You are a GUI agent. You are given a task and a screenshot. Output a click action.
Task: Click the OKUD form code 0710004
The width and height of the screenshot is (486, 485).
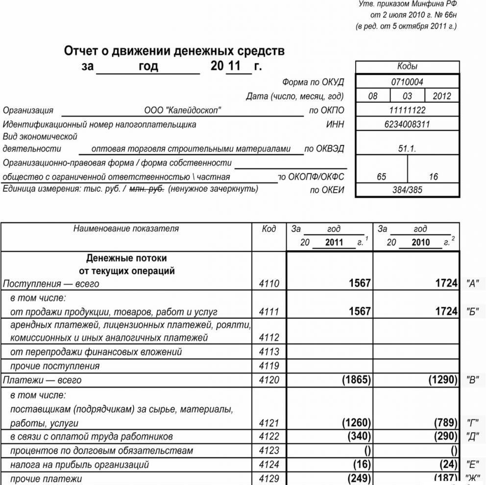(407, 82)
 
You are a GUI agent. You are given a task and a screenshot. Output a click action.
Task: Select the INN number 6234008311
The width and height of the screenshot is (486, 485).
(407, 124)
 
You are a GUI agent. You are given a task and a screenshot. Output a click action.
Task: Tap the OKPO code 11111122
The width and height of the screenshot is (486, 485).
(407, 110)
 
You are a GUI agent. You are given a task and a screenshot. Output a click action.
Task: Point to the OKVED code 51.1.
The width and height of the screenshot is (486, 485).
(407, 149)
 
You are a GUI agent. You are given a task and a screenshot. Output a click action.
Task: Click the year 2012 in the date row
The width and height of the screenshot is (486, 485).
(442, 96)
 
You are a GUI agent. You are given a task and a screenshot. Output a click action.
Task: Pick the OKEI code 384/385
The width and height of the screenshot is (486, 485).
(407, 190)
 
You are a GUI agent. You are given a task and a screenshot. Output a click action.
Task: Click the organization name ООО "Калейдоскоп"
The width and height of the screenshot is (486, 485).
(182, 111)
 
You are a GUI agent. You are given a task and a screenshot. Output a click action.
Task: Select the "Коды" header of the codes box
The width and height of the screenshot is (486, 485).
(407, 67)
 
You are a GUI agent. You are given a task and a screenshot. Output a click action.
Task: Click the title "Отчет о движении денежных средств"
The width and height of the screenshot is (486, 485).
(174, 51)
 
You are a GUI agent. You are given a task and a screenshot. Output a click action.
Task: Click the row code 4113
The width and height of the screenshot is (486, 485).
(269, 352)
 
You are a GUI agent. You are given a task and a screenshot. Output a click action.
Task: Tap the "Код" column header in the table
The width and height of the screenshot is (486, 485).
(269, 229)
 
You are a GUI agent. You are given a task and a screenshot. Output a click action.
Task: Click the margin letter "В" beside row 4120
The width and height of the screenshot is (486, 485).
(473, 381)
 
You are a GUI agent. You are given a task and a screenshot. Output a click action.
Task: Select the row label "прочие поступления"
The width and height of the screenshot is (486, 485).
(55, 366)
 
